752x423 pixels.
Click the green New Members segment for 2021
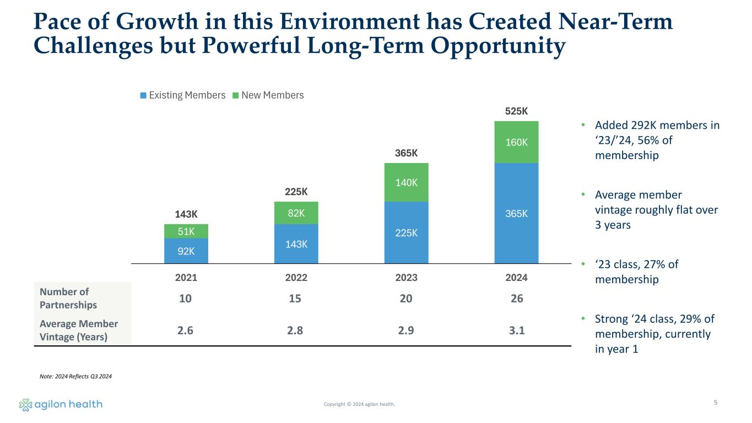click(x=186, y=231)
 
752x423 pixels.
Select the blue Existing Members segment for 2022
click(x=296, y=244)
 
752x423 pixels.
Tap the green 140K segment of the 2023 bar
click(x=406, y=182)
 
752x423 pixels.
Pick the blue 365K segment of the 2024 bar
click(x=516, y=213)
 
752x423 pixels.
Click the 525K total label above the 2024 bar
click(x=516, y=112)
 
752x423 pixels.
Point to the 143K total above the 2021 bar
click(x=186, y=215)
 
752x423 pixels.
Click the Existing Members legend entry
click(x=183, y=95)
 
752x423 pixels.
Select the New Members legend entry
click(x=268, y=95)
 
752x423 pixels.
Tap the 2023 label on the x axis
click(x=406, y=278)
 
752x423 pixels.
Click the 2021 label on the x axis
click(x=186, y=278)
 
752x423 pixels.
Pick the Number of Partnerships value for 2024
click(x=516, y=299)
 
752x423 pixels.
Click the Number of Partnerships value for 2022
click(x=296, y=299)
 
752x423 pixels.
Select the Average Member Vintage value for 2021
click(x=186, y=330)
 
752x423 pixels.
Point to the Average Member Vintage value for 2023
click(x=406, y=330)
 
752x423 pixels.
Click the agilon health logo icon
click(x=25, y=405)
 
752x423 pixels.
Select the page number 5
click(x=715, y=403)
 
